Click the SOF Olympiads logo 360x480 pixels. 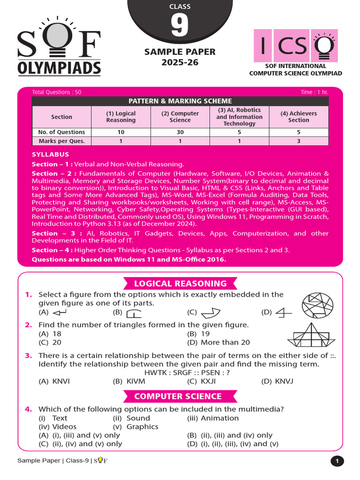(59, 47)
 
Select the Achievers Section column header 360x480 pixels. (299, 117)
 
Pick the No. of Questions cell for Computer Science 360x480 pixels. (180, 132)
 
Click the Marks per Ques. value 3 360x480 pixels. (299, 141)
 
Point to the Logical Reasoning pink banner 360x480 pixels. (180, 284)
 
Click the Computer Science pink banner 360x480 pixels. (178, 396)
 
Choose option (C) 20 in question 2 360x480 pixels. (50, 342)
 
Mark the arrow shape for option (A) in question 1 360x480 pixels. (60, 313)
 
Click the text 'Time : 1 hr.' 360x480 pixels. (315, 92)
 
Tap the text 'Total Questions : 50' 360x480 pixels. (56, 92)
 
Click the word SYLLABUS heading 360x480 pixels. (50, 154)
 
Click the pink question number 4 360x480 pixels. (29, 409)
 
